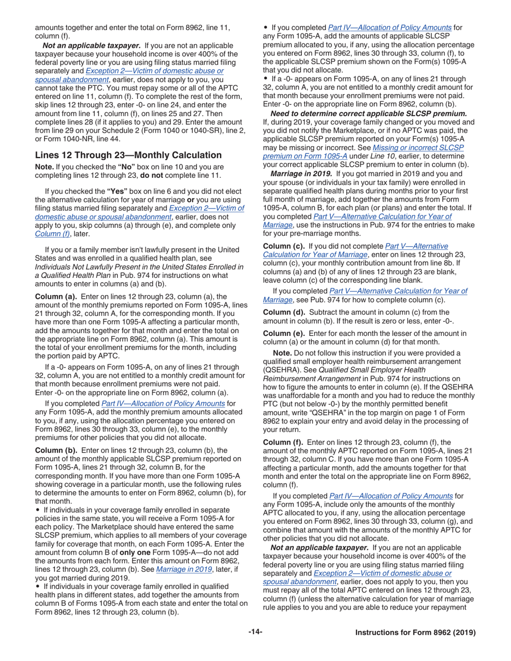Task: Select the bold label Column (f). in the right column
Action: point(283,442)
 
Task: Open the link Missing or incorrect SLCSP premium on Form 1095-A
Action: point(363,151)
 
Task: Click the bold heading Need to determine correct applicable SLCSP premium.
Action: point(368,114)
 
